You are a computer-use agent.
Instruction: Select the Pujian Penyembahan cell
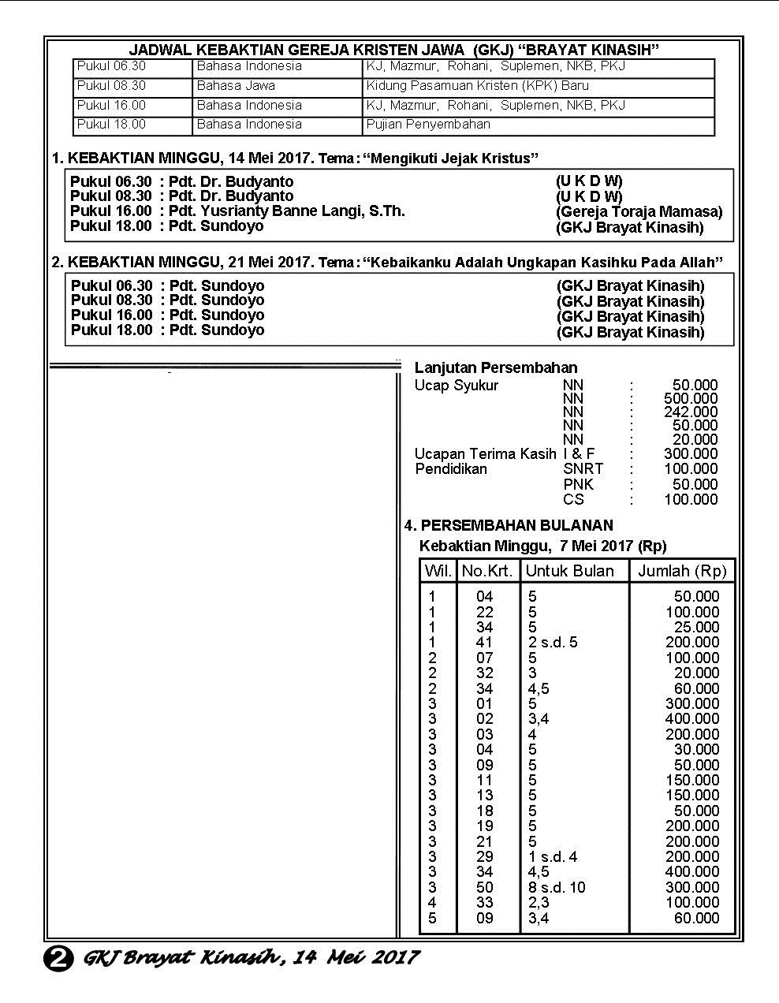coord(428,125)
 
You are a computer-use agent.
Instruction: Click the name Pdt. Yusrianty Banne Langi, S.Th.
coord(287,211)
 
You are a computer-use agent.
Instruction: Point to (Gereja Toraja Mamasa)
coord(639,212)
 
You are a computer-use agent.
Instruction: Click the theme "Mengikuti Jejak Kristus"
coord(450,158)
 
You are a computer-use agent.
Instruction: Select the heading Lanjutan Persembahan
coord(496,368)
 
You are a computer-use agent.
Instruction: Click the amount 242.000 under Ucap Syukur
coord(691,412)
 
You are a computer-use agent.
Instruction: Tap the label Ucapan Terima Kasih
coord(485,454)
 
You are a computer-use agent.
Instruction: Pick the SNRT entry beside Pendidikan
coord(583,469)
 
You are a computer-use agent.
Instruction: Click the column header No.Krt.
coord(487,571)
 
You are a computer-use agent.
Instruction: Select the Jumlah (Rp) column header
coord(682,571)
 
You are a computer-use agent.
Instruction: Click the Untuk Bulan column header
coord(569,571)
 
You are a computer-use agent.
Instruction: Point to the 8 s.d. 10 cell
coord(557,888)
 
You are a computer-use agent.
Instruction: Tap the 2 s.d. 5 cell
coord(553,643)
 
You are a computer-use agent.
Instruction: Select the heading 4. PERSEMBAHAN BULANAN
coord(509,526)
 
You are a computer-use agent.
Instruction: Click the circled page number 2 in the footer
coord(58,959)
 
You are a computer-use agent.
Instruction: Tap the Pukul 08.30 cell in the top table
coord(111,86)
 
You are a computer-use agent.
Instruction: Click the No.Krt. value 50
coord(485,888)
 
